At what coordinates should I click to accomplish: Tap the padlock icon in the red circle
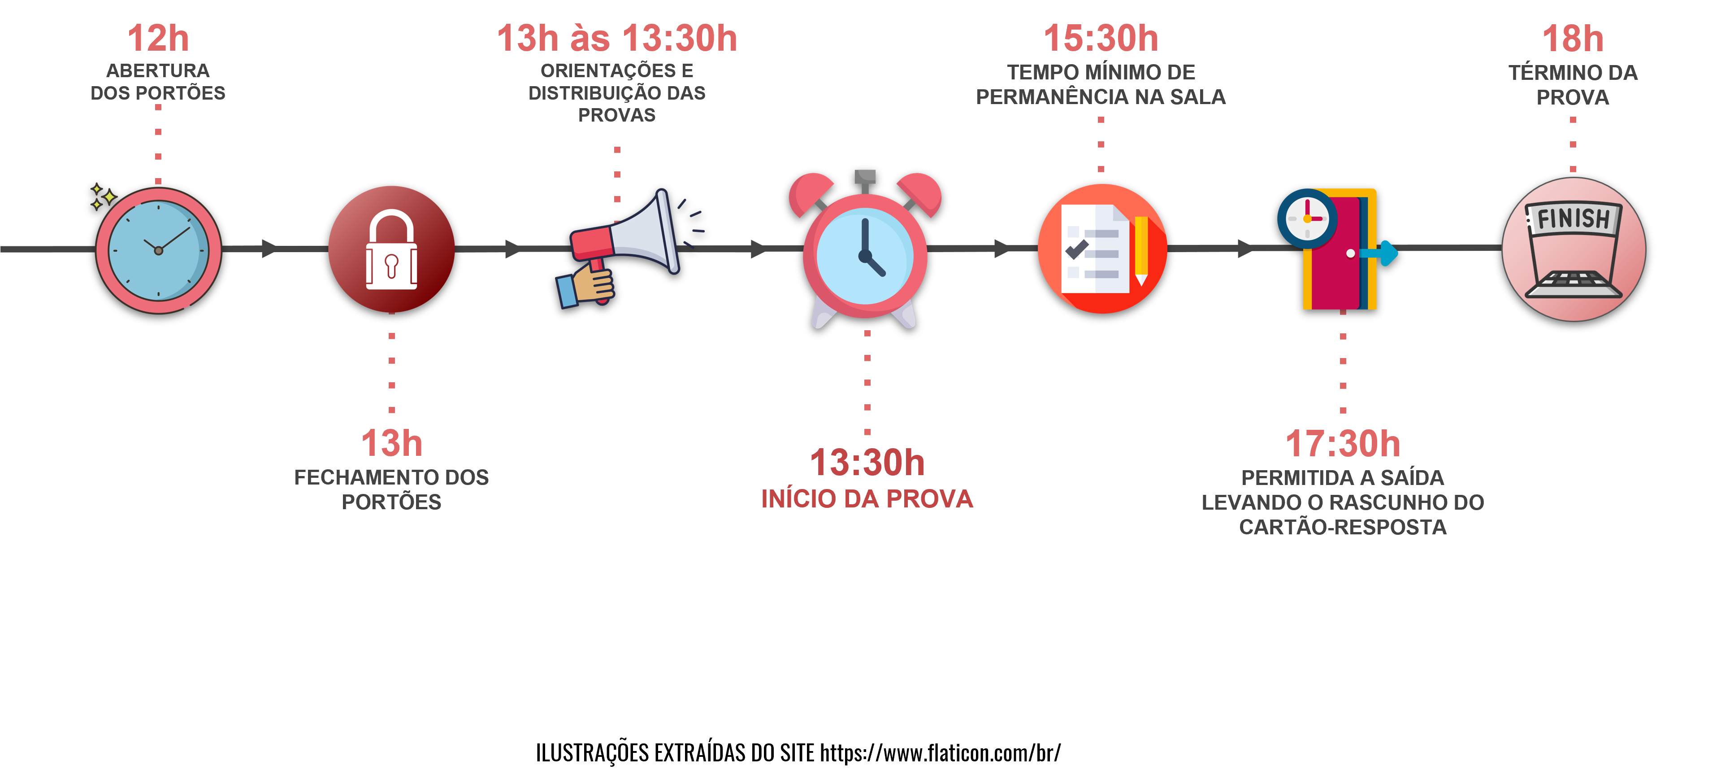point(391,249)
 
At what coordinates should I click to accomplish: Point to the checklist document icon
point(1102,249)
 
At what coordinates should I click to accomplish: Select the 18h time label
point(1573,38)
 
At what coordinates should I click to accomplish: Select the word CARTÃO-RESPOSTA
point(1343,527)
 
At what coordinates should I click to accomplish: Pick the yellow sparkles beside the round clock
point(103,196)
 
